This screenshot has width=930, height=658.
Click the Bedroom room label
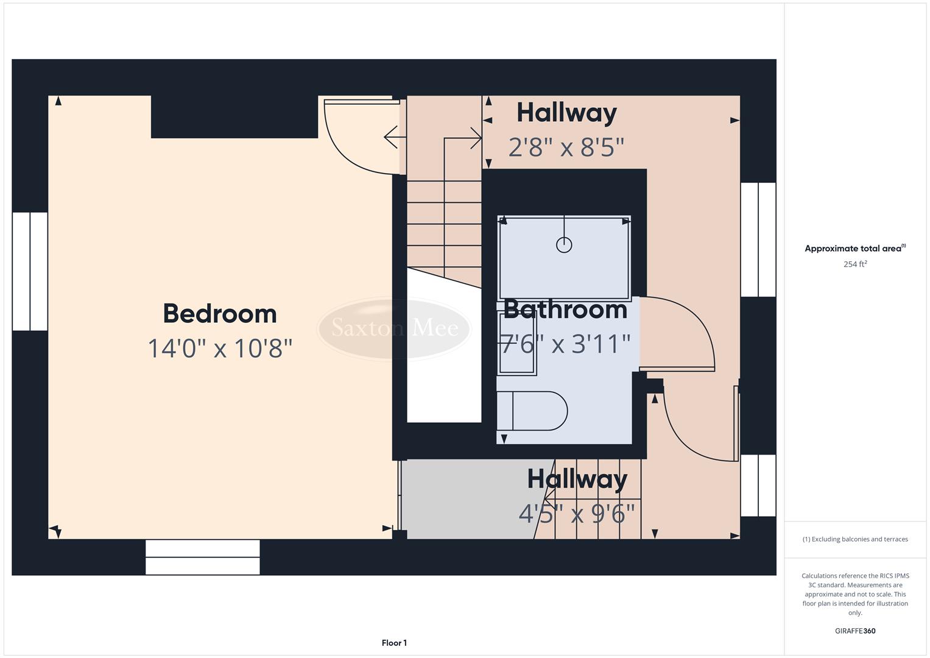pos(220,314)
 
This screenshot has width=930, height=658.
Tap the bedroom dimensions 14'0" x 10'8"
pos(220,348)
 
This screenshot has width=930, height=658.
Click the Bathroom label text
pos(565,310)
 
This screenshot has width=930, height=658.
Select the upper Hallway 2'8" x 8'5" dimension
pos(566,147)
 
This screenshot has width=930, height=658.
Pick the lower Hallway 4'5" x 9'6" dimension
pos(577,514)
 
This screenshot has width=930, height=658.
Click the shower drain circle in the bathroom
pos(564,245)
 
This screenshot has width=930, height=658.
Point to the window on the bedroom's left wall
pos(30,271)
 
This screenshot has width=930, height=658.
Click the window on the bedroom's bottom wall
pos(203,557)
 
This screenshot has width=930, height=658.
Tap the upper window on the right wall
pos(758,239)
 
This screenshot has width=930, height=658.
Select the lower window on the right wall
pos(758,486)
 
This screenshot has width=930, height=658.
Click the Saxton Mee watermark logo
pos(395,328)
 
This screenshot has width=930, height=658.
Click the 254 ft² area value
pos(855,264)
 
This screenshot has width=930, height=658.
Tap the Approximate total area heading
pos(854,249)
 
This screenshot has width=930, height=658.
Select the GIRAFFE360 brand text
pos(855,631)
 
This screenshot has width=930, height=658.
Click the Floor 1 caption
pos(394,643)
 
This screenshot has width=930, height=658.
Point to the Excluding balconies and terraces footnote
pos(855,539)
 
